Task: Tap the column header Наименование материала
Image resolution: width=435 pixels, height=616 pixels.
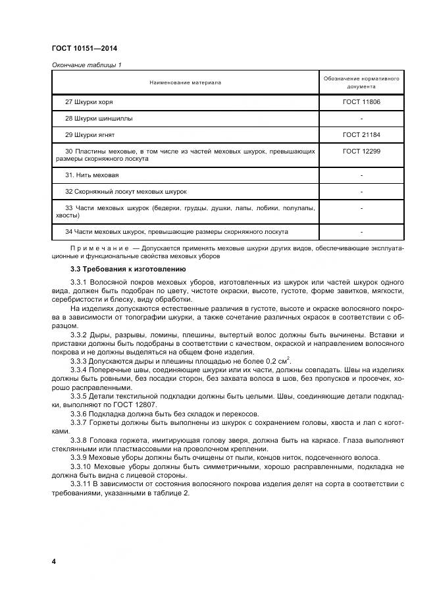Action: (x=185, y=82)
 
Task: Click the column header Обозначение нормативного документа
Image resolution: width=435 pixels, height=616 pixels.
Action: (x=361, y=82)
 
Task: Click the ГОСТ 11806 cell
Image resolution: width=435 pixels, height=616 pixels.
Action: (x=361, y=103)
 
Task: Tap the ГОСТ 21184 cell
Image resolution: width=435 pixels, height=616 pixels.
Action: (x=361, y=135)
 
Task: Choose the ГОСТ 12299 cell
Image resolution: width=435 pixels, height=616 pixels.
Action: (x=361, y=152)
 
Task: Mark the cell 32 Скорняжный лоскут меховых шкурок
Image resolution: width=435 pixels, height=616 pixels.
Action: (x=126, y=192)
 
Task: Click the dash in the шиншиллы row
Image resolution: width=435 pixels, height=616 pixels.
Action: (x=361, y=119)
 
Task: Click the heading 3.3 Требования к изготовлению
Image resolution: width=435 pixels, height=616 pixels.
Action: (x=118, y=269)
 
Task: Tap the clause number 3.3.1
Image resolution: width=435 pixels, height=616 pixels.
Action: (x=78, y=282)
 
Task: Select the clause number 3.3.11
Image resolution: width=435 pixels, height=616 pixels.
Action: (x=80, y=485)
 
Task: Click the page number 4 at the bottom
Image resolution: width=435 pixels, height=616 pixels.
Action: (x=54, y=561)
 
